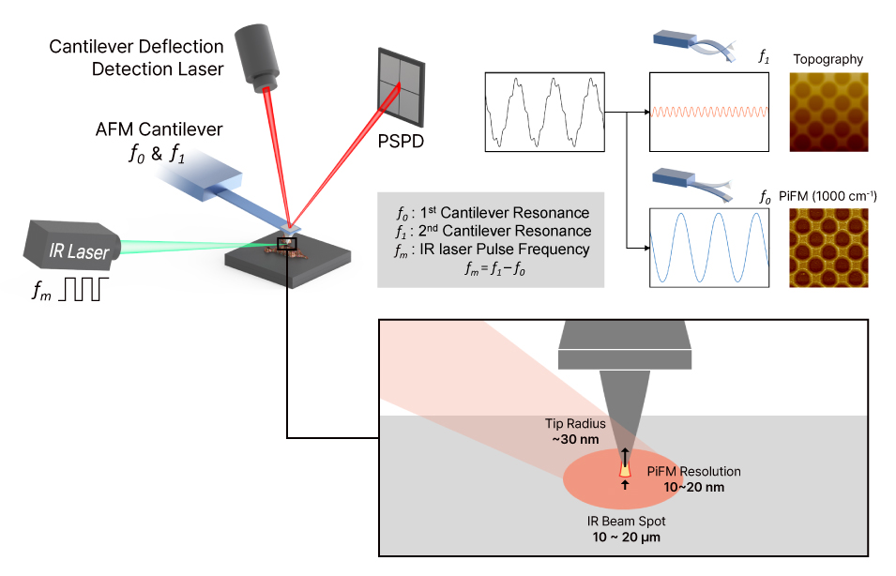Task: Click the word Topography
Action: click(828, 59)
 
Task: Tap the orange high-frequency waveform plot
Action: click(710, 112)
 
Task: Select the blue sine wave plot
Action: click(710, 247)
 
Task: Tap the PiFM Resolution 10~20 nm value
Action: click(693, 487)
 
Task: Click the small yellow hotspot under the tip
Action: click(624, 467)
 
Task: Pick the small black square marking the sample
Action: click(284, 245)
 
